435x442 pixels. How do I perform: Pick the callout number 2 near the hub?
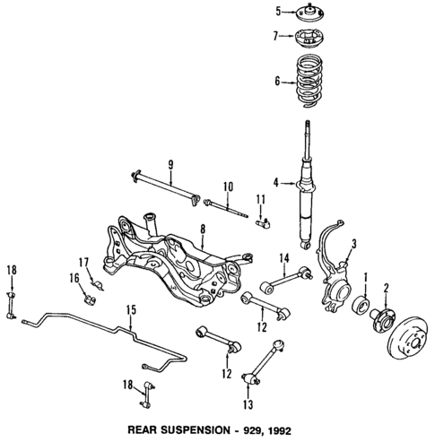point(387,288)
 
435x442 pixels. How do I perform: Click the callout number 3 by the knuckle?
point(353,243)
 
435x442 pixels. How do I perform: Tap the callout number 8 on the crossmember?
point(204,229)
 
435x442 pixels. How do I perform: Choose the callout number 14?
point(283,260)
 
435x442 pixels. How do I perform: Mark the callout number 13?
point(247,403)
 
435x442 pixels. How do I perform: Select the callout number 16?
point(75,280)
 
